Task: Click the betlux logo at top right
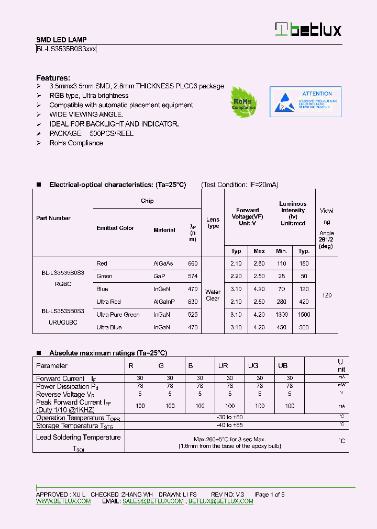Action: click(x=308, y=30)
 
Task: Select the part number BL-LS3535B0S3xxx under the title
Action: click(x=66, y=49)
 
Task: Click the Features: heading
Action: click(x=53, y=77)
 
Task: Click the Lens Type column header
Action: click(x=213, y=223)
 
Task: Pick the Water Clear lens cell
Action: click(x=213, y=295)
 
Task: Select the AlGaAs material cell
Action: click(x=163, y=263)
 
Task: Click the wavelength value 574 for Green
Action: click(x=193, y=276)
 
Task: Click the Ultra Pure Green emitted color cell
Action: click(x=118, y=315)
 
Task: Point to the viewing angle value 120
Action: click(x=327, y=295)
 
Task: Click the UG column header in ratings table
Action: click(x=253, y=366)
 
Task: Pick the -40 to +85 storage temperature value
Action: click(x=230, y=425)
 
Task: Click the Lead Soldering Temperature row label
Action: click(x=78, y=438)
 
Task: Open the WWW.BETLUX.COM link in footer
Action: click(x=63, y=501)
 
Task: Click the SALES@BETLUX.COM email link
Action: click(x=153, y=501)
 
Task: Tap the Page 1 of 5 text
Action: click(x=270, y=494)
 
